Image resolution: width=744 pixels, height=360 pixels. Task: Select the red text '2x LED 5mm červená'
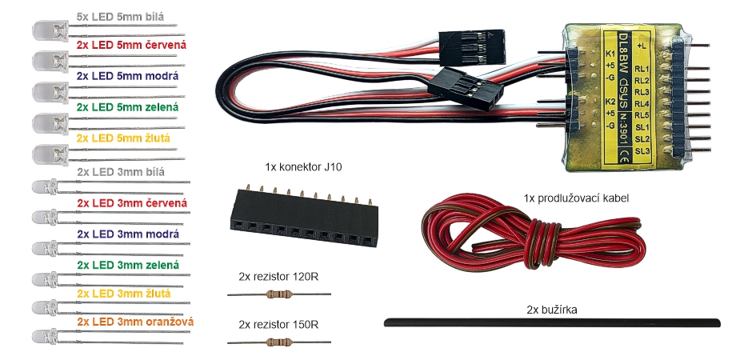pos(131,46)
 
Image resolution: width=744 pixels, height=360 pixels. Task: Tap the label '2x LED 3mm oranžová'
pos(136,322)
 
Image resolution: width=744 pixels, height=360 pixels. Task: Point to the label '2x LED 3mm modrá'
pos(127,234)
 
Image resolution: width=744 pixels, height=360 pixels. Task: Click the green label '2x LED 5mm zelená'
pos(127,106)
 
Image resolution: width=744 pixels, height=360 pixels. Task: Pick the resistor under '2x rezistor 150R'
pos(278,343)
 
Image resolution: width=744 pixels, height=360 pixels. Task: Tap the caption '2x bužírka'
pos(552,308)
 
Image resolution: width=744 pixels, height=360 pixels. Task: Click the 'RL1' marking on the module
pos(641,69)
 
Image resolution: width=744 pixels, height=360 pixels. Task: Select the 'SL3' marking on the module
pos(641,150)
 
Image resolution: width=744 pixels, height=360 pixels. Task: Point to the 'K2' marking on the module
pos(610,102)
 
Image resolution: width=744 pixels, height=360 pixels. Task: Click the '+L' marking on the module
pos(641,46)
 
